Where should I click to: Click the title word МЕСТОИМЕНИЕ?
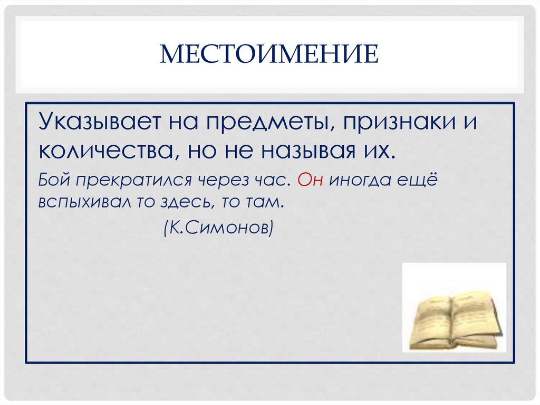pos(269,55)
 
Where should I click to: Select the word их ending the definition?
pos(379,152)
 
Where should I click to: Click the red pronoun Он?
pos(310,181)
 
